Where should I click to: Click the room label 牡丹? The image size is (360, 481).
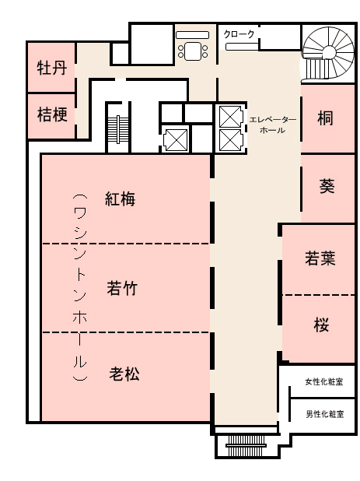52,68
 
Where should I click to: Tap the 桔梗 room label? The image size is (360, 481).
52,114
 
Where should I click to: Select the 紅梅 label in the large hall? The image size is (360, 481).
120,199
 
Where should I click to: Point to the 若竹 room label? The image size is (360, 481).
122,288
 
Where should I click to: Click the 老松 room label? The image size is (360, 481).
124,374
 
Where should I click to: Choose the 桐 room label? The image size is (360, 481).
325,118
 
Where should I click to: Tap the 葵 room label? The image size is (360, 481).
327,186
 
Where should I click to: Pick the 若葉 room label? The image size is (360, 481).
320,258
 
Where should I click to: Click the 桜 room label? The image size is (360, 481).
321,325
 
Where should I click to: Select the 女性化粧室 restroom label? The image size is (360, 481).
324,381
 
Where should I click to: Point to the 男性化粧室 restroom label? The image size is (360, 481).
325,414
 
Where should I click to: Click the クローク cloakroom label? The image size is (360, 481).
239,33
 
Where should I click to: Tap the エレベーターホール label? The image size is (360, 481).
272,125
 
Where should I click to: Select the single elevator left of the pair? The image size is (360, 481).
175,140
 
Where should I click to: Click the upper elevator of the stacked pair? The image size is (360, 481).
230,116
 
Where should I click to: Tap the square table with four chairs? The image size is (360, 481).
192,51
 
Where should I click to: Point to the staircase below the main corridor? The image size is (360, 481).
246,445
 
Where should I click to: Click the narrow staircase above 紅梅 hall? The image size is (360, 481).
118,129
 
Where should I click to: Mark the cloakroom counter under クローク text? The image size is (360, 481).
242,47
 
